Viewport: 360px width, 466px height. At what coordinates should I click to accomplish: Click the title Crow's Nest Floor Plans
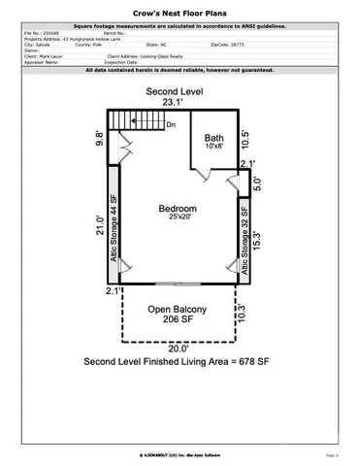tap(180, 14)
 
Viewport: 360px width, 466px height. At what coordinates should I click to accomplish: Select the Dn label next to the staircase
tap(171, 124)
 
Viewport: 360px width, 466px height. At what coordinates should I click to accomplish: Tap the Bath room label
tap(213, 140)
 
